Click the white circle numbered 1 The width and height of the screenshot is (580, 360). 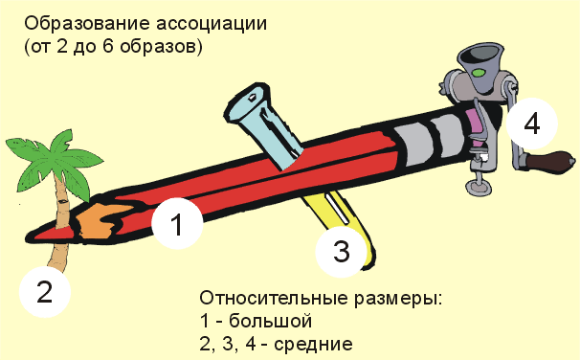coord(177,223)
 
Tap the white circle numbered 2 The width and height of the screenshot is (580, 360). coord(45,292)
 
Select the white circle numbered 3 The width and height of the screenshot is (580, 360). coord(341,252)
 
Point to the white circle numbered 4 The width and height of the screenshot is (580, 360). coord(531,124)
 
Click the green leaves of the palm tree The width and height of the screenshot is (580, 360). coord(56,159)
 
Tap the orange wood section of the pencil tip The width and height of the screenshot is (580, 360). coord(100,220)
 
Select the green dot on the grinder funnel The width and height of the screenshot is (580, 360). coord(478,73)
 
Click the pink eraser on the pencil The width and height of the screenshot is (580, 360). coord(474,125)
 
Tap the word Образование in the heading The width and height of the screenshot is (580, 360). coord(87,24)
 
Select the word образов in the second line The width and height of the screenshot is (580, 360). coord(156,47)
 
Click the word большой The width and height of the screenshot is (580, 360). coord(271,321)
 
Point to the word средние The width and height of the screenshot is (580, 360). coord(313,345)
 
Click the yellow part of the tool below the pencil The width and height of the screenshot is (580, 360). coord(344,218)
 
